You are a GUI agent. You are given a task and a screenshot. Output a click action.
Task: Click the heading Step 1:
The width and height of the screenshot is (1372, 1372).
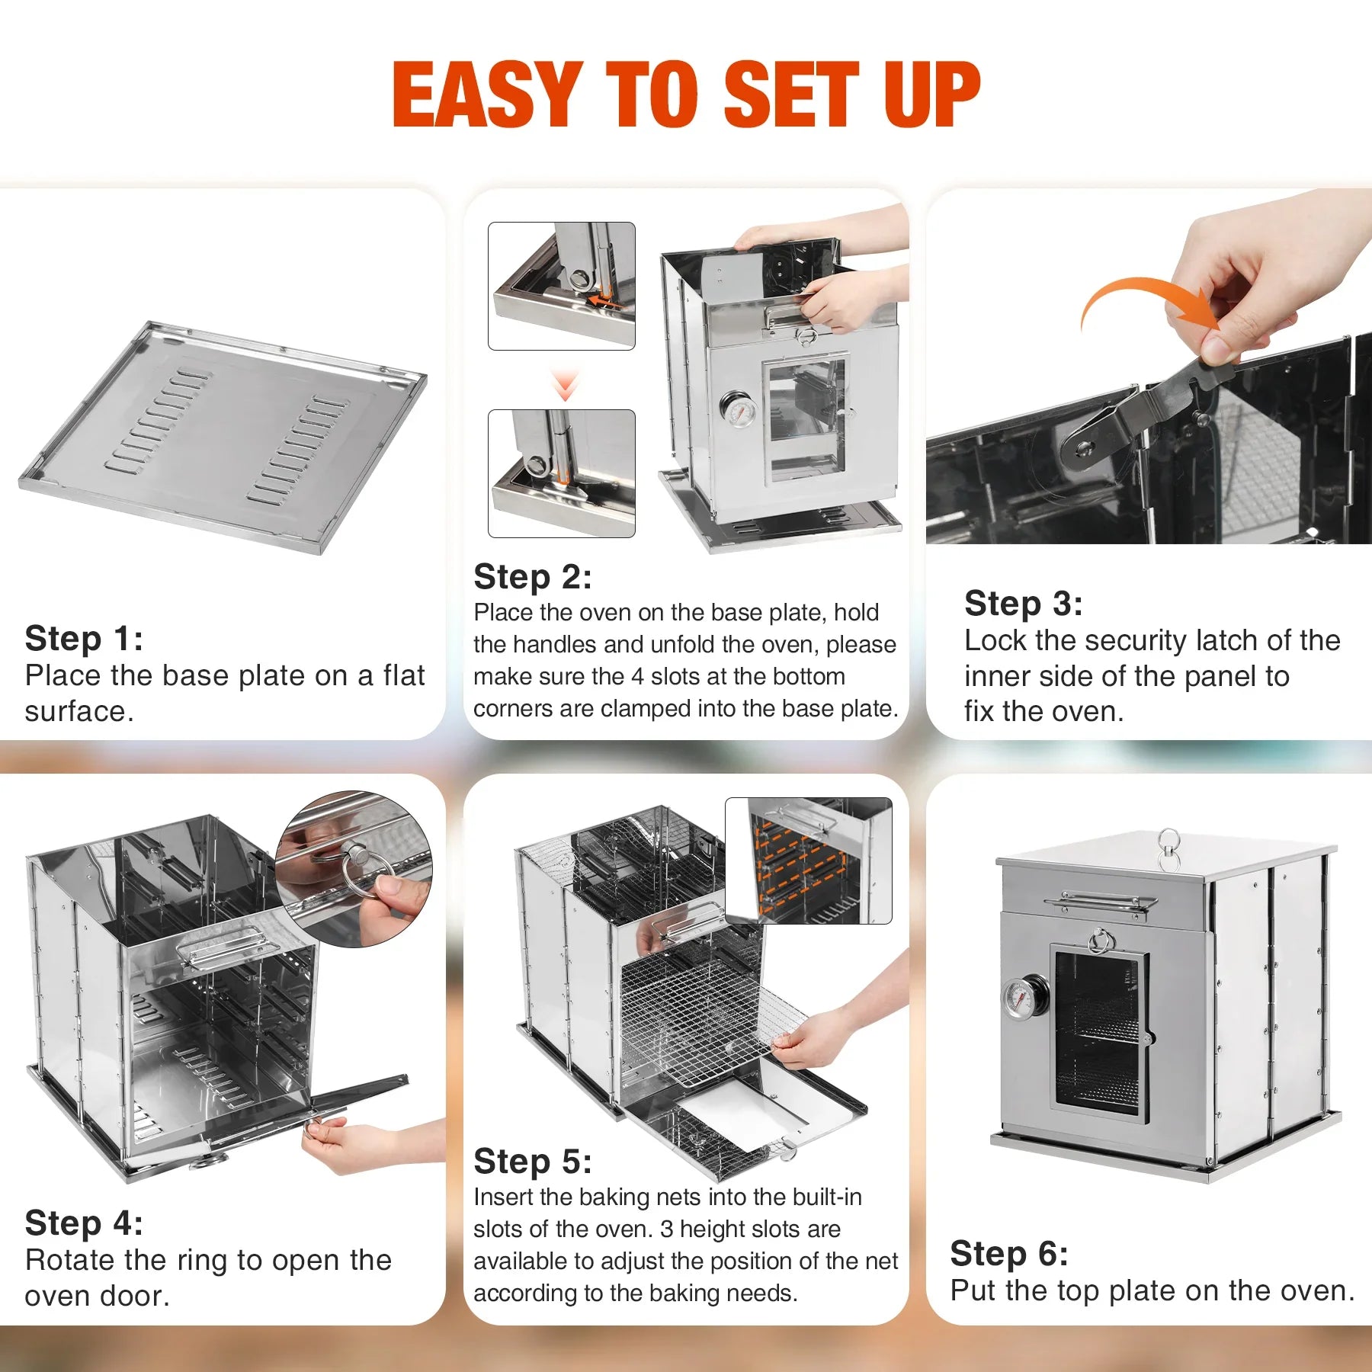pos(84,639)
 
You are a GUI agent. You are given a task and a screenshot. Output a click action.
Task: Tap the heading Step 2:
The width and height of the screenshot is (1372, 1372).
pos(532,577)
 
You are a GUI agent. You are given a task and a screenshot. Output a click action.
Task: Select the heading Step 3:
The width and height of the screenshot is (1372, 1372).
pos(1023,604)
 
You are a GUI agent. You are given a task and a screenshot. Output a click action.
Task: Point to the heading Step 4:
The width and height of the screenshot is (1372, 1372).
pos(84,1223)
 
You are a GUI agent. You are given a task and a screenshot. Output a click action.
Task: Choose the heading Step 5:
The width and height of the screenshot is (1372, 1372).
pos(532,1162)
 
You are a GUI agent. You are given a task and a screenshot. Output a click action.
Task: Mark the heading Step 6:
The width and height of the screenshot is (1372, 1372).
pos(1008,1254)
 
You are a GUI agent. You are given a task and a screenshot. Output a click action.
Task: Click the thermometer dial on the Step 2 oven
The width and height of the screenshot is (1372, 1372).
pos(737,412)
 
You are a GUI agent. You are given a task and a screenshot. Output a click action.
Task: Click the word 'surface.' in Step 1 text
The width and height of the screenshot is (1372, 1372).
pos(79,712)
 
